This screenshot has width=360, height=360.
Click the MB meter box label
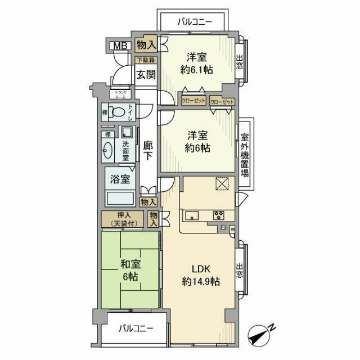click(x=119, y=46)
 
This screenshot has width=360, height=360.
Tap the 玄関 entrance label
click(x=146, y=74)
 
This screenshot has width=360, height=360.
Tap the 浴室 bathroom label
click(x=120, y=180)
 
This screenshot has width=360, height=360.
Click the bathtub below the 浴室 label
click(x=119, y=199)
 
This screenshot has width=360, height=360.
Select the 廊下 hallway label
click(x=148, y=151)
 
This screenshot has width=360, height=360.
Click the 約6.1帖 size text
click(x=196, y=70)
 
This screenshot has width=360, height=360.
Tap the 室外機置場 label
click(x=245, y=155)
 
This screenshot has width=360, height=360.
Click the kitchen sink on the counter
click(x=191, y=215)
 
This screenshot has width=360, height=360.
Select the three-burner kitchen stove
click(x=218, y=215)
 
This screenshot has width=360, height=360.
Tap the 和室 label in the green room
click(x=129, y=263)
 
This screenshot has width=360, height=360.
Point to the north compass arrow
click(x=264, y=333)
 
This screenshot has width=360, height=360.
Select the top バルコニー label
click(x=193, y=22)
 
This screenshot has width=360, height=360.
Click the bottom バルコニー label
click(x=134, y=330)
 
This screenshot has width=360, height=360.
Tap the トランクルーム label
click(x=122, y=94)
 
